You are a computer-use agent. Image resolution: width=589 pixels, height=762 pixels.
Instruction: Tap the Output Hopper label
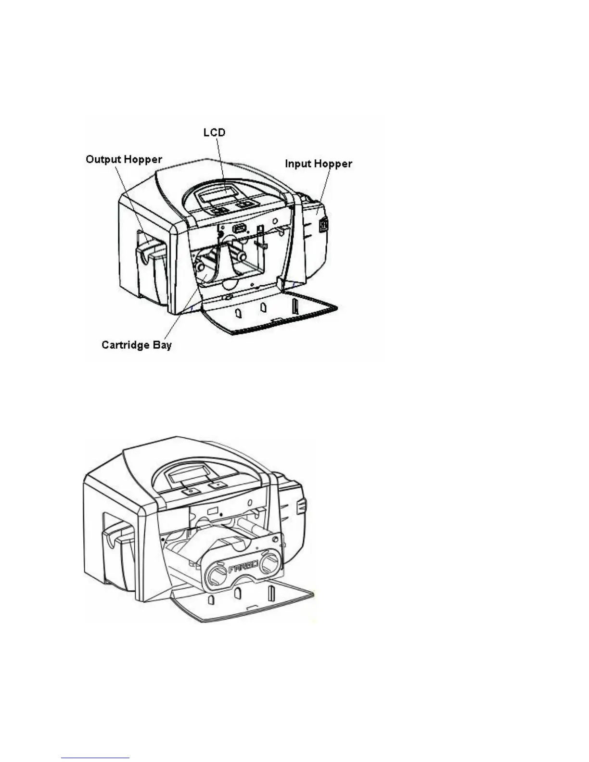[x=124, y=159]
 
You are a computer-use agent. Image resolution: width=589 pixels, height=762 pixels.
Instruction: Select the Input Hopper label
[x=319, y=164]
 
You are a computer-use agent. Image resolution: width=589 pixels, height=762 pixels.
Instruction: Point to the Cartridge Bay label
[x=137, y=345]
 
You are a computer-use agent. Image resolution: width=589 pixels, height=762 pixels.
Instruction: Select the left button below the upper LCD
[x=220, y=210]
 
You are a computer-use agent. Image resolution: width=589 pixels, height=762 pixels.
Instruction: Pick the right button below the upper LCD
[x=246, y=204]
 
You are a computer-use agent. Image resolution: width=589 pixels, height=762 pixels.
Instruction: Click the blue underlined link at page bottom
[x=96, y=758]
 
